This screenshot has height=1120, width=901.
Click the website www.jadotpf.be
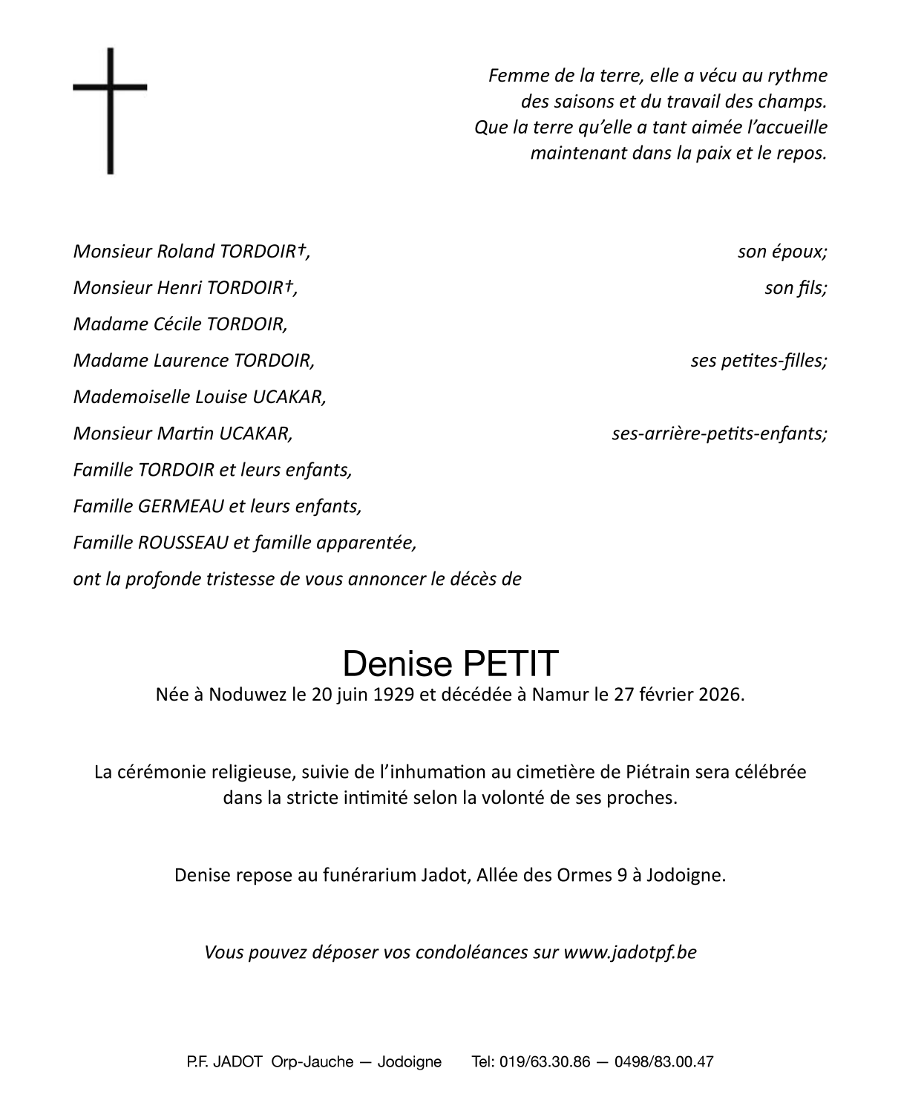[630, 952]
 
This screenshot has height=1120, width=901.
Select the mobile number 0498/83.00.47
[664, 1061]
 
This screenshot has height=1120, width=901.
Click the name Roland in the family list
[186, 252]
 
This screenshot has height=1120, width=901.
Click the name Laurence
[191, 361]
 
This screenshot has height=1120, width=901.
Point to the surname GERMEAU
[180, 506]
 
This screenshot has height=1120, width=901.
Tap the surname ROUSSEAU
[183, 543]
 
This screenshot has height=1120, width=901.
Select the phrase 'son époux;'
[782, 252]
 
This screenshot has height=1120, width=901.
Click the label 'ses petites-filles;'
[759, 361]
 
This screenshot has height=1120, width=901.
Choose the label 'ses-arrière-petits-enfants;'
[719, 433]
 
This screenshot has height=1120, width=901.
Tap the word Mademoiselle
[131, 397]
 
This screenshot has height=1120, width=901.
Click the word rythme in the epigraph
[799, 76]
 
